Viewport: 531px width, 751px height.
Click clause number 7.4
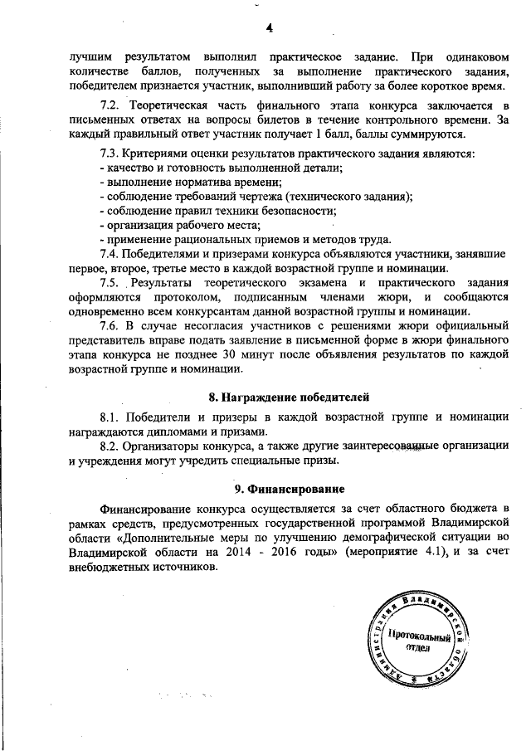(x=110, y=253)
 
